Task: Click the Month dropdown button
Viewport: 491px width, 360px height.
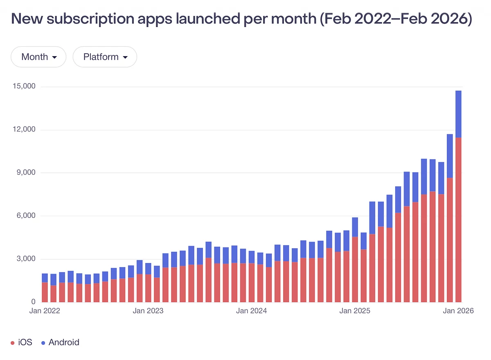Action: pos(38,57)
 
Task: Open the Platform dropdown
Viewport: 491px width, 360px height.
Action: pos(105,57)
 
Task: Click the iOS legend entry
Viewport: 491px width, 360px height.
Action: pos(21,342)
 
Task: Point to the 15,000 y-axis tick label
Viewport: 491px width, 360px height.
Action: pos(24,86)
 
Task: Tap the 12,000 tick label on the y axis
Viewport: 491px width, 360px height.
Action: pos(24,130)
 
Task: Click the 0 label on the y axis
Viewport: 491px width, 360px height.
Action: pos(34,302)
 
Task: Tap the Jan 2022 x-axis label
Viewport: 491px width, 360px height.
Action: pos(45,311)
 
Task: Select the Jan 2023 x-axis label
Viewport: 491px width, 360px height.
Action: pos(148,311)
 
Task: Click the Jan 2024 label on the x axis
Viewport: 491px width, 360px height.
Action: pos(251,311)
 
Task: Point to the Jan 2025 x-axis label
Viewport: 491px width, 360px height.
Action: pos(355,311)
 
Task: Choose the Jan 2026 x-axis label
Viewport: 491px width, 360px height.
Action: pos(458,311)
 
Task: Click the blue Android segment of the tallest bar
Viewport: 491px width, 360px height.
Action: pos(458,114)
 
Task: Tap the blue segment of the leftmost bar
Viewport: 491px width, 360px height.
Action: pos(45,278)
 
